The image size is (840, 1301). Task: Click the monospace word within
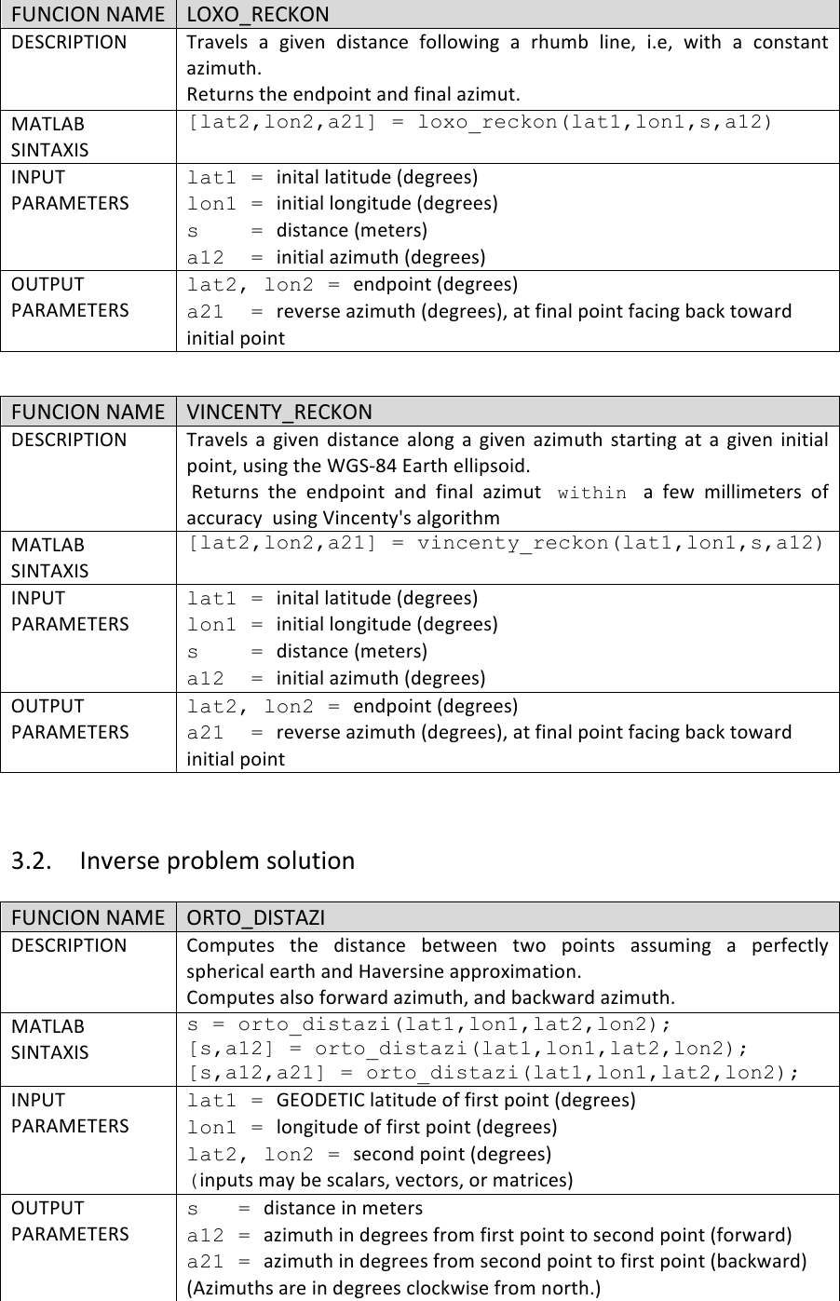point(591,493)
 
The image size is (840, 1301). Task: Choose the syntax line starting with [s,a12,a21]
point(493,1073)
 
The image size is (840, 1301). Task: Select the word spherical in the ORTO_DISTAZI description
point(228,971)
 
